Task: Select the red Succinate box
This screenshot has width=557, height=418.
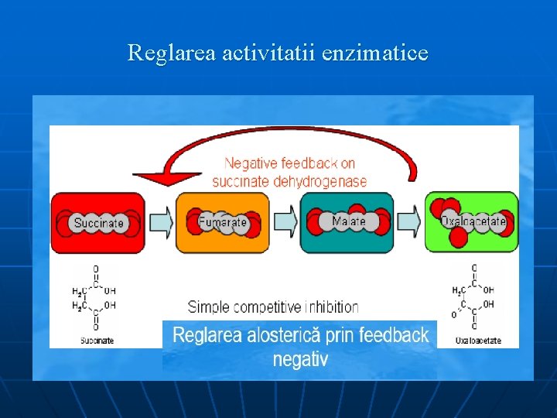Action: (x=97, y=223)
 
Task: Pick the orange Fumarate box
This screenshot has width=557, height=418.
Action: (x=223, y=223)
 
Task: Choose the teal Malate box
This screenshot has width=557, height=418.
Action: (x=347, y=223)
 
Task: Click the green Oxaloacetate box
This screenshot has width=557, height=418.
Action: (x=472, y=223)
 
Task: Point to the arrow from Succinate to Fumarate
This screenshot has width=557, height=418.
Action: (x=160, y=223)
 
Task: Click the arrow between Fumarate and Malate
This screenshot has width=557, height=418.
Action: (x=285, y=223)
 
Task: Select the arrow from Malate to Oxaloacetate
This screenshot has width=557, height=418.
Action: (x=409, y=223)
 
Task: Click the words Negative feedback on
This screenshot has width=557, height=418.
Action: (x=289, y=163)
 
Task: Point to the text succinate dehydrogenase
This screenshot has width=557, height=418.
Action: (x=289, y=181)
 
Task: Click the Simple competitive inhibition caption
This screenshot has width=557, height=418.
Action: (x=273, y=307)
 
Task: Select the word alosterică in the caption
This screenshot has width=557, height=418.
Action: (x=287, y=336)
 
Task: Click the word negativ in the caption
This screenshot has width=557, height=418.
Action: (x=300, y=360)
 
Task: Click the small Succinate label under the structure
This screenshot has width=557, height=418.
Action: (x=97, y=341)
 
